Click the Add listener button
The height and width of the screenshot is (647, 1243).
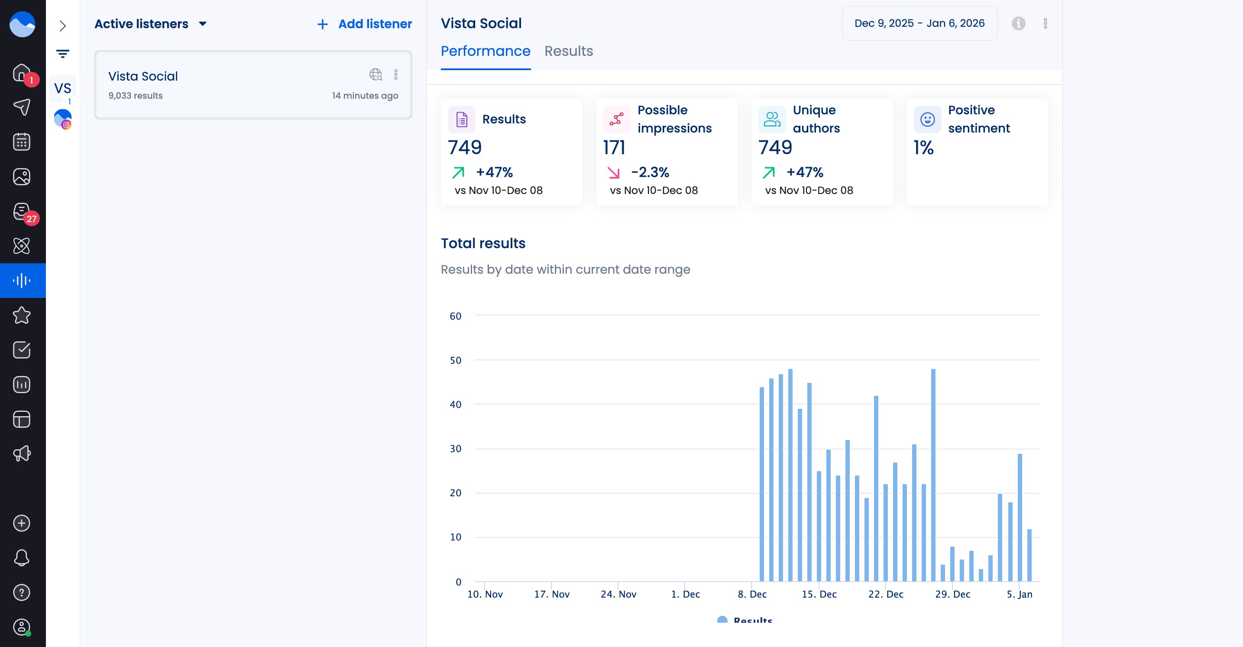(364, 24)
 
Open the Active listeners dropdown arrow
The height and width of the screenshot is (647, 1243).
(203, 24)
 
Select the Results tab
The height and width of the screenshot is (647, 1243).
(568, 51)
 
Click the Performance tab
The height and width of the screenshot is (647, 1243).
(485, 51)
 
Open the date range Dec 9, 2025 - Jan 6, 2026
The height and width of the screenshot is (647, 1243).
(919, 23)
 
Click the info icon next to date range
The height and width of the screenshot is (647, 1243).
(1018, 23)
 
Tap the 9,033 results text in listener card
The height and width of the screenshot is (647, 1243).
(135, 96)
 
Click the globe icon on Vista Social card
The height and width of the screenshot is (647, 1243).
(375, 74)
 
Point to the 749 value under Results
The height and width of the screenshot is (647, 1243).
(464, 147)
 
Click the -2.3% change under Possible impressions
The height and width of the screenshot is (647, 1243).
(650, 172)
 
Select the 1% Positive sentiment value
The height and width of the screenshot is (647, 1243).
(923, 147)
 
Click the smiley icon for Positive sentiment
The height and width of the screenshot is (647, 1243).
(927, 119)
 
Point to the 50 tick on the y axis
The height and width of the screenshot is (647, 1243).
(455, 360)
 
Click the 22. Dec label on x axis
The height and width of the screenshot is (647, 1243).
(885, 594)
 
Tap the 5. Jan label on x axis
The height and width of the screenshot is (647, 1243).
(1019, 594)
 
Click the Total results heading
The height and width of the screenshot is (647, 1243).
(482, 243)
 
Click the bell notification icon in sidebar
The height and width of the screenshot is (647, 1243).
(21, 558)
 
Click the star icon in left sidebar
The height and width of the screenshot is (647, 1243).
(21, 316)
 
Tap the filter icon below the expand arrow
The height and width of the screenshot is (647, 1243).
(62, 54)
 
